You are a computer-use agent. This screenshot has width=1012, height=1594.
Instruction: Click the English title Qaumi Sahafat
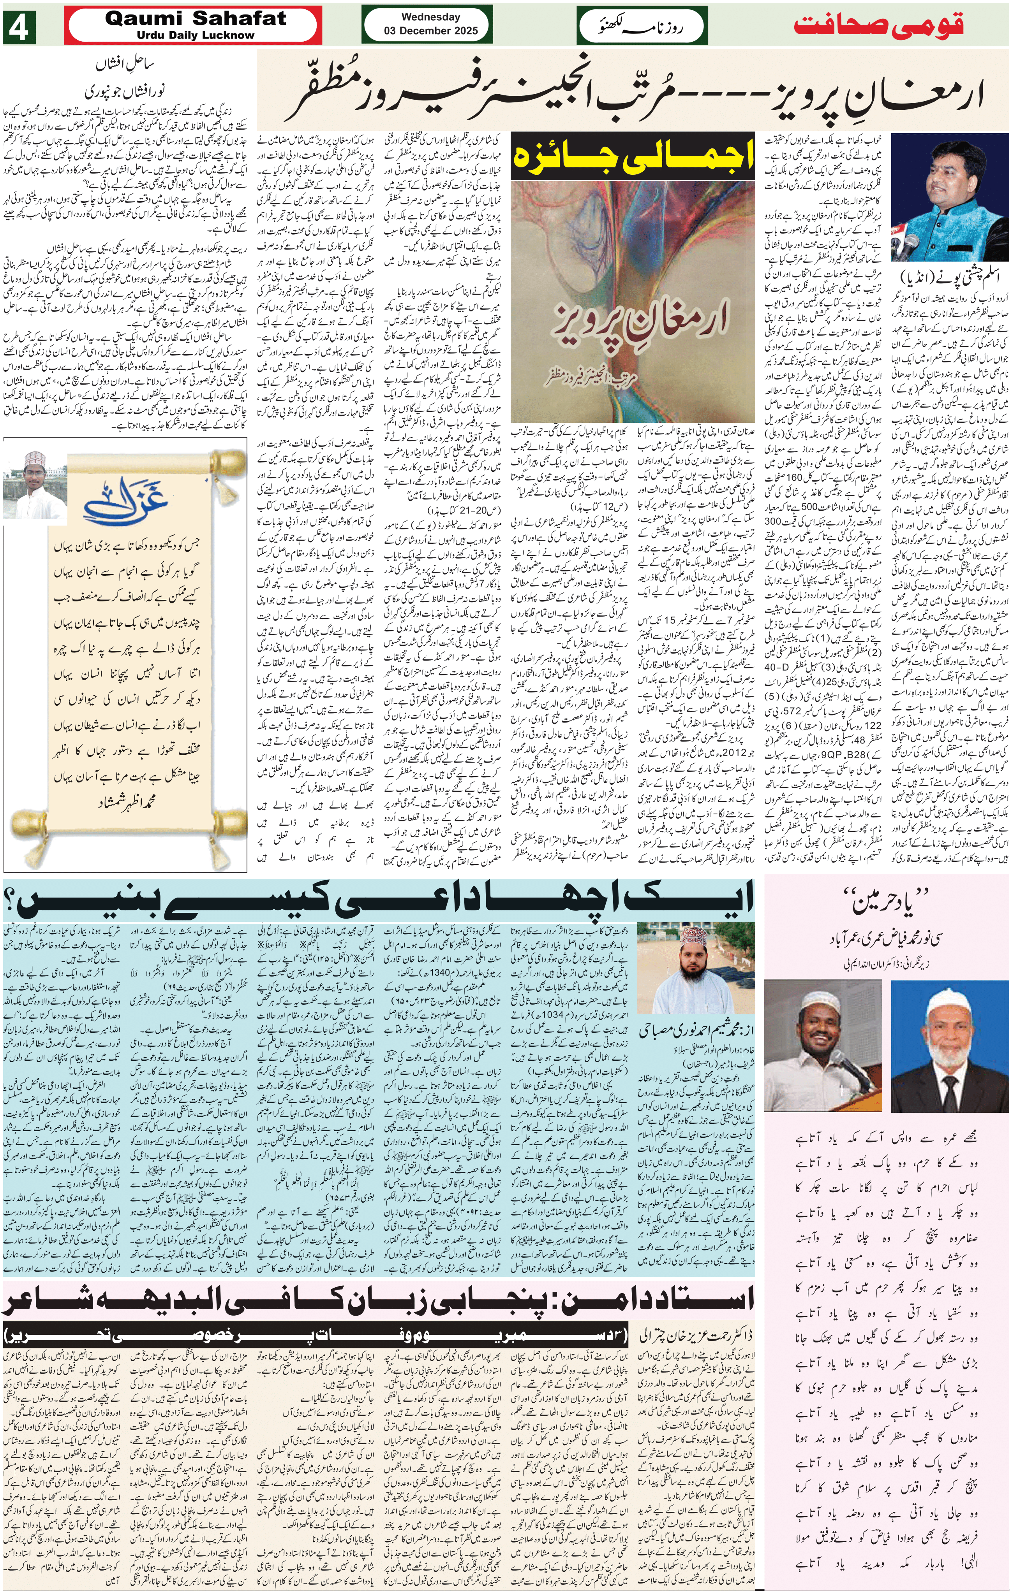[x=196, y=19]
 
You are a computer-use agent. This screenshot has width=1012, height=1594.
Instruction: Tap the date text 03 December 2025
[x=430, y=30]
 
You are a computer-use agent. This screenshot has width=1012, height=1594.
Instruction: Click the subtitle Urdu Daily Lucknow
[x=196, y=35]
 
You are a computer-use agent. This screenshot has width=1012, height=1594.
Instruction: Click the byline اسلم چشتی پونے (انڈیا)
[x=949, y=275]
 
